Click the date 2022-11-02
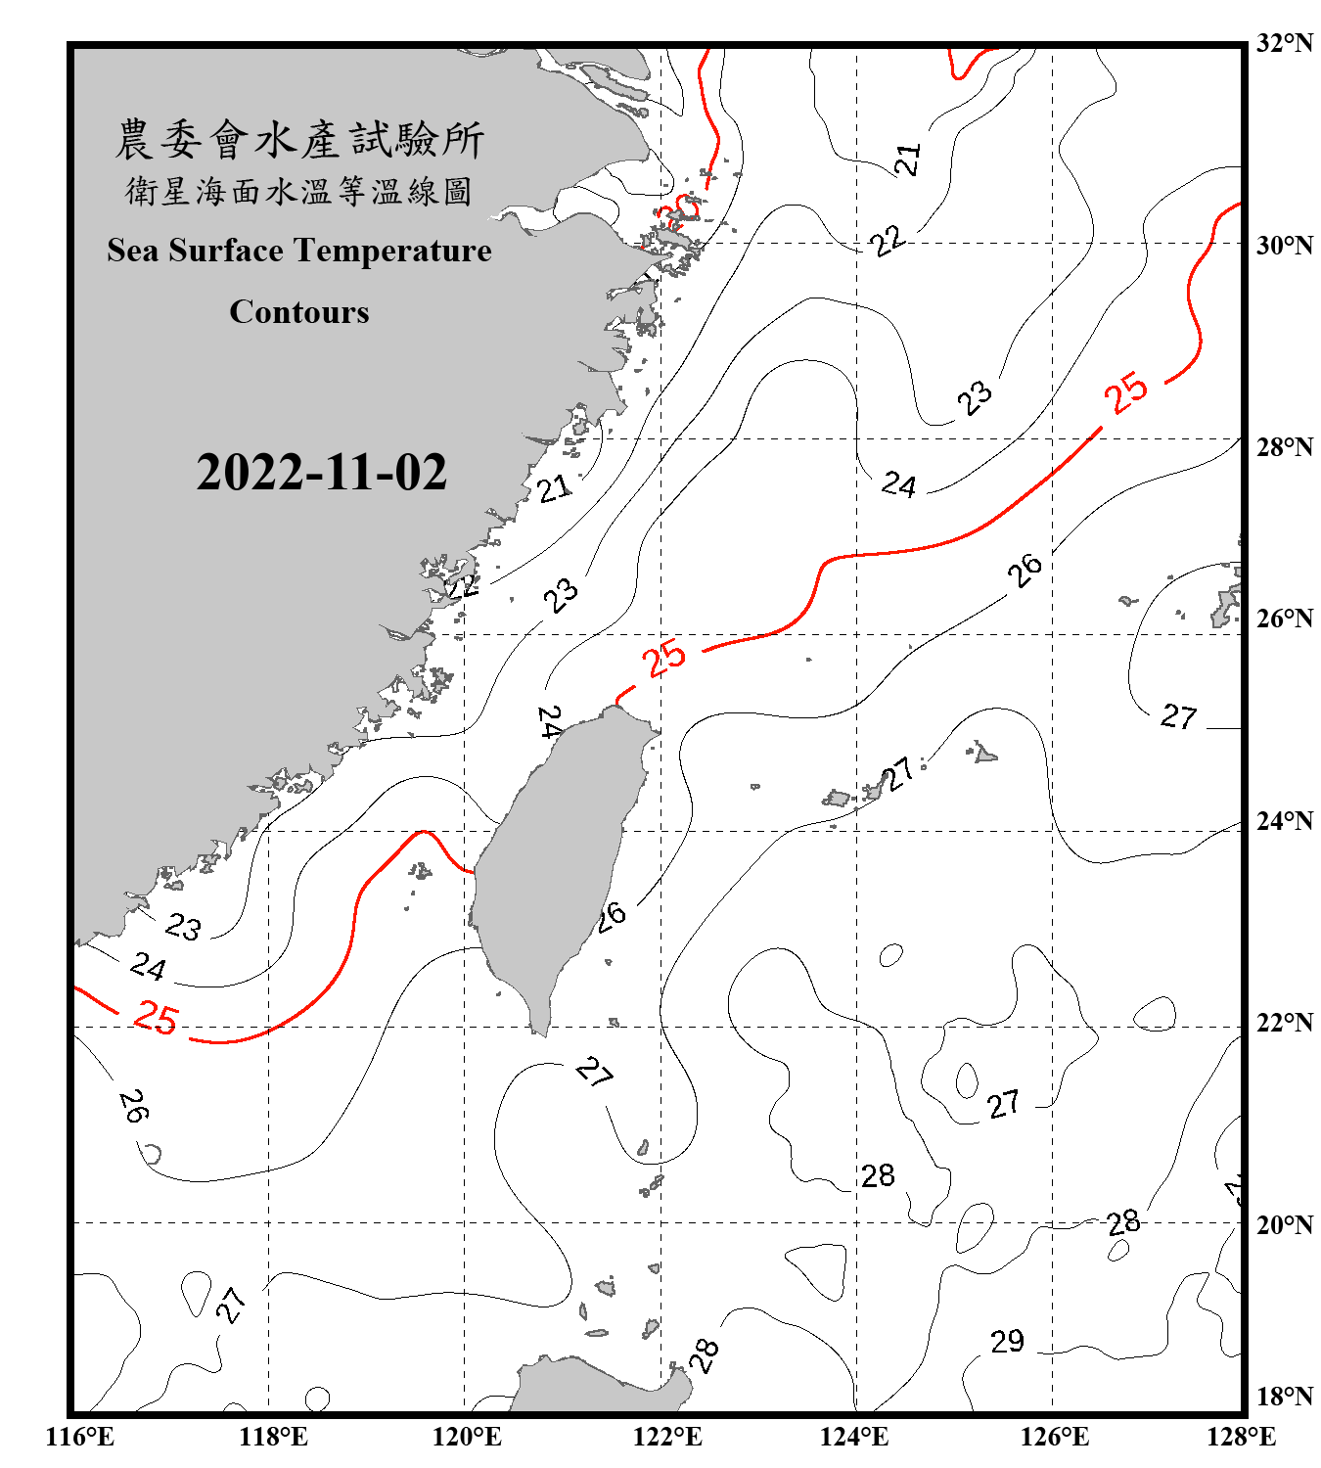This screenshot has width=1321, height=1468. tap(321, 473)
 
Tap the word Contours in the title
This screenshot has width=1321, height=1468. tap(299, 311)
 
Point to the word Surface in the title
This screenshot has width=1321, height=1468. tap(226, 251)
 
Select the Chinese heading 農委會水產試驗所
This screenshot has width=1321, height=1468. tap(299, 139)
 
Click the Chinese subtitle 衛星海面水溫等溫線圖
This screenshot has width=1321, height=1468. tap(299, 191)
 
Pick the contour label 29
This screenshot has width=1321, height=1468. tap(1007, 1341)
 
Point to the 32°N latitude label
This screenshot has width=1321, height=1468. tap(1284, 43)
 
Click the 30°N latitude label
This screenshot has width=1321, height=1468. tap(1284, 245)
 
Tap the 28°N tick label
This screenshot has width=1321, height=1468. tap(1284, 447)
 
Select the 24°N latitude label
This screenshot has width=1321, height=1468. tap(1284, 820)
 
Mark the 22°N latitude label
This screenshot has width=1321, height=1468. tap(1284, 1023)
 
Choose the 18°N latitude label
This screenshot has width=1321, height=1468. tap(1284, 1397)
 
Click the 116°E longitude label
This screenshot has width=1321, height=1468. tap(79, 1437)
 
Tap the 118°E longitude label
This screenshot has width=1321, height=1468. tap(273, 1437)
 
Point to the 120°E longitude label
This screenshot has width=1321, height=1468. tap(467, 1437)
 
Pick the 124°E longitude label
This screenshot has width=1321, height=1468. tap(854, 1437)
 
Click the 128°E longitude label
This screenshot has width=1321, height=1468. tap(1241, 1437)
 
